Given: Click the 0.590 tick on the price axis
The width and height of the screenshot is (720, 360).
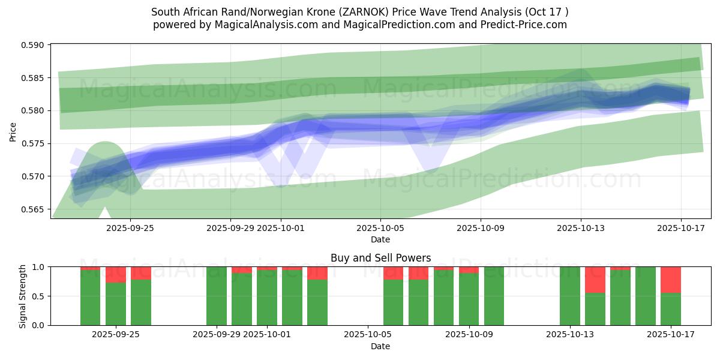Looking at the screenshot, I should click(35, 45).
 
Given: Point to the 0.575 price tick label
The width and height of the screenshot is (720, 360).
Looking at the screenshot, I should click(35, 143).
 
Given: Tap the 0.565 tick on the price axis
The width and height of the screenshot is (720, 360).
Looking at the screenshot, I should click(35, 209).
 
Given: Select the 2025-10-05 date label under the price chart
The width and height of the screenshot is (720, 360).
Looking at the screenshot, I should click(380, 228).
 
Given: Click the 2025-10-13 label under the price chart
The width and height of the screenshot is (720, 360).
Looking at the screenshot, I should click(581, 228).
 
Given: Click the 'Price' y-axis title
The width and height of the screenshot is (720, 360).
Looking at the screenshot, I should click(13, 132).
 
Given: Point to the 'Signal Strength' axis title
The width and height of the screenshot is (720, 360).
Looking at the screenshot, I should click(23, 296).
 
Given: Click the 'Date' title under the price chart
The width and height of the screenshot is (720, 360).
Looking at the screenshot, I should click(380, 239).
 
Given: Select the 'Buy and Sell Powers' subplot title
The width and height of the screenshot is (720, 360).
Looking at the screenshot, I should click(380, 258).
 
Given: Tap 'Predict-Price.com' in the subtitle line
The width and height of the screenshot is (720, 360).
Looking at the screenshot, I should click(521, 25).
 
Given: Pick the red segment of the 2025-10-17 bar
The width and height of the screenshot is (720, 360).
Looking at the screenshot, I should click(671, 280).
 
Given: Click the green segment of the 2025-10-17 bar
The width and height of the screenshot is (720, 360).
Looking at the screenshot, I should click(671, 309).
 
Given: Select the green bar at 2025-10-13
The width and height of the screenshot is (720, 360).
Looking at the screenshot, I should click(570, 296).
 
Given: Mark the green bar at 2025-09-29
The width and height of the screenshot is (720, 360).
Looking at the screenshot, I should click(217, 296).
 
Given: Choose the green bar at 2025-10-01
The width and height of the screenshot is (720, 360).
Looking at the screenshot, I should click(267, 298).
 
